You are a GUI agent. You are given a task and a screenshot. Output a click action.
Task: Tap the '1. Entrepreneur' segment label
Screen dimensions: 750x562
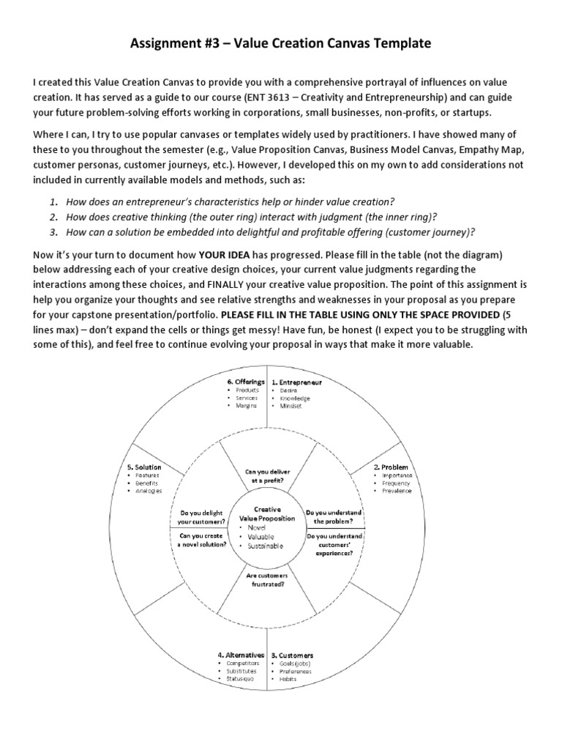(x=296, y=382)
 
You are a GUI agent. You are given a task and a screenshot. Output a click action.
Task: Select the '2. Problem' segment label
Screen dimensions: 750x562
(x=391, y=467)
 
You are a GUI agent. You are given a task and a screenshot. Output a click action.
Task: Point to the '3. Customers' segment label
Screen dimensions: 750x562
(x=292, y=655)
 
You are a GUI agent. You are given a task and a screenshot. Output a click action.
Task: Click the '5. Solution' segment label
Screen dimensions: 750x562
(x=143, y=467)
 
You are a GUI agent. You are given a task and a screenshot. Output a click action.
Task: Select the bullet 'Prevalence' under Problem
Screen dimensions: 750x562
(x=396, y=491)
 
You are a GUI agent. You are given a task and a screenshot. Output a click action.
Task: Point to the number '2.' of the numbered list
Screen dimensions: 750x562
(x=54, y=217)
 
